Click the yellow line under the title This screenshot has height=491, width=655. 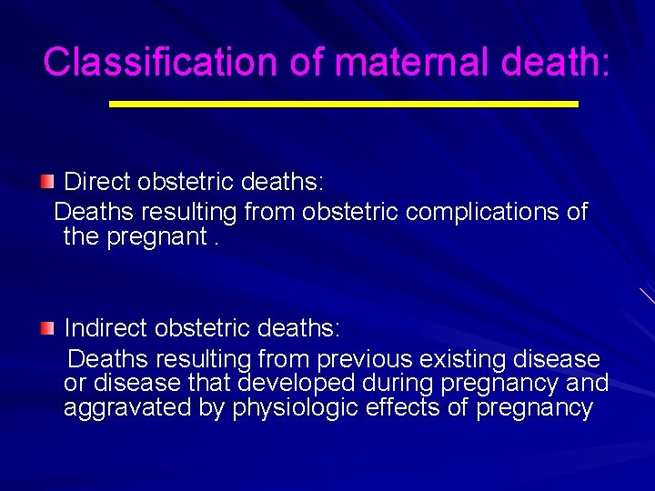(x=343, y=105)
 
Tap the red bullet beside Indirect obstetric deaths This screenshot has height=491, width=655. (x=47, y=326)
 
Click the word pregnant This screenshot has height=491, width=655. (x=155, y=238)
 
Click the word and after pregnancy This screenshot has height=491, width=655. (x=587, y=385)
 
